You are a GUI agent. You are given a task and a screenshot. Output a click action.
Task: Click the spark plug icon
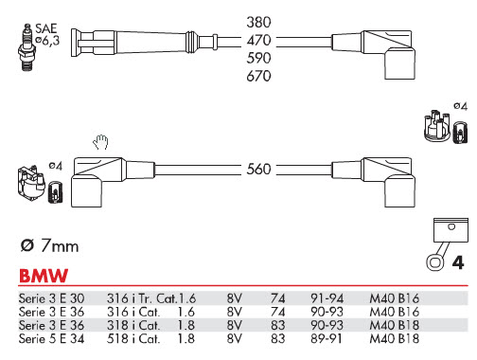click(x=26, y=46)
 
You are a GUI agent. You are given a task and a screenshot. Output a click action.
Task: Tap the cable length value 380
click(x=258, y=23)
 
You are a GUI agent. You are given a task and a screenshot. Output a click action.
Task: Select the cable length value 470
click(x=258, y=41)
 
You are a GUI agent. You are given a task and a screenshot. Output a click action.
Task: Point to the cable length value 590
click(x=258, y=58)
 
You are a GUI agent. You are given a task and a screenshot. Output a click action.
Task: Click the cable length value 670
click(x=258, y=76)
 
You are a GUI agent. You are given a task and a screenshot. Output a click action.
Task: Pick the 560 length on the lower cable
click(x=258, y=170)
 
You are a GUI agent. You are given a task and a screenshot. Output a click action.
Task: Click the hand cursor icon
click(x=100, y=142)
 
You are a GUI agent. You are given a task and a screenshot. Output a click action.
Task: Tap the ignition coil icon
click(x=31, y=184)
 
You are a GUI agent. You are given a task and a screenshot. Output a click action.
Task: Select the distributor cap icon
click(x=437, y=125)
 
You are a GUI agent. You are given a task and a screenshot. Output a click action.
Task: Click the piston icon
click(x=448, y=243)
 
